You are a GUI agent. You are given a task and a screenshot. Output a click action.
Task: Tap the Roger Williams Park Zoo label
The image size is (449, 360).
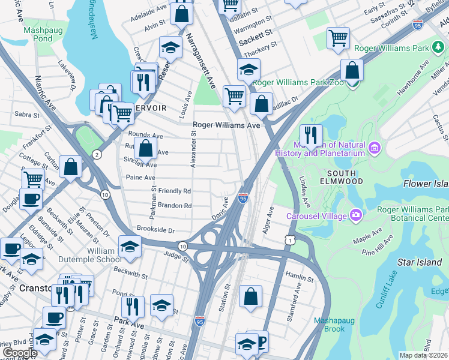(298, 83)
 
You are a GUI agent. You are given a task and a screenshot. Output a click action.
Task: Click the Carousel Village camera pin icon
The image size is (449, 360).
(357, 215)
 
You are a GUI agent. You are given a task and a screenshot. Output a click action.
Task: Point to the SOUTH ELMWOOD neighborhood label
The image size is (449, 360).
(345, 176)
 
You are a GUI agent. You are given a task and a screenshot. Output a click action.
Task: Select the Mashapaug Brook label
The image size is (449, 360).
(330, 325)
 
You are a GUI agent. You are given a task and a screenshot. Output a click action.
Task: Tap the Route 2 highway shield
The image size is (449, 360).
(97, 155)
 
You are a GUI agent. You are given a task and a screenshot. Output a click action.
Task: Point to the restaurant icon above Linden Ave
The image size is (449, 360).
(311, 136)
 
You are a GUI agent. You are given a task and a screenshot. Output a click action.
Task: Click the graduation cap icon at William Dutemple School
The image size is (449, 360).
(130, 247)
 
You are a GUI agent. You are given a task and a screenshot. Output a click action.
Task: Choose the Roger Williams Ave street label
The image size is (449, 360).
(226, 125)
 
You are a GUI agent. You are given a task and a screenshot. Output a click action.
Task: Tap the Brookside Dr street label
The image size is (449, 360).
(155, 230)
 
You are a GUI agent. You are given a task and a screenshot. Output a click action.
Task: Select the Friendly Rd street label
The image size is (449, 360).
(175, 191)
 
